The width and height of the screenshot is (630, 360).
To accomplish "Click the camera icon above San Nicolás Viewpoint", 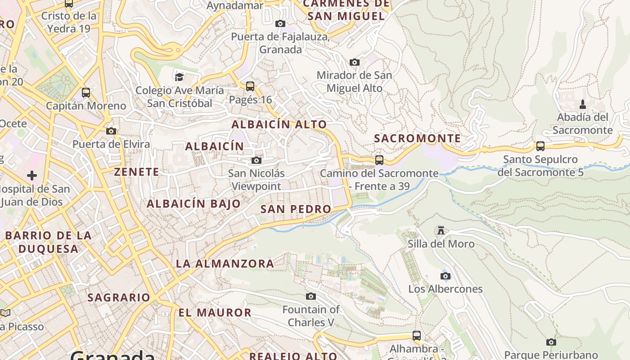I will coord(256,161).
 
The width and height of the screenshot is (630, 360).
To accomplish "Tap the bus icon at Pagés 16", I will coord(250,86).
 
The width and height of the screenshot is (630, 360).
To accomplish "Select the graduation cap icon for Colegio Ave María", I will coord(180,76).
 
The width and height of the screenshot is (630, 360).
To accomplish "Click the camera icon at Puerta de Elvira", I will coord(111,131).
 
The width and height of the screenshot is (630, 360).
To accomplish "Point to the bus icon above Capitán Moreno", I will coord(86,93).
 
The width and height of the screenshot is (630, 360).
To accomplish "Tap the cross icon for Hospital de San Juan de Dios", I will coord(31,175).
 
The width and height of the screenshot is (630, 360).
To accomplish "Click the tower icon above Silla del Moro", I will coord(441,230).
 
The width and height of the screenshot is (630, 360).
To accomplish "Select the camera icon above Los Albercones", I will coord(445,276).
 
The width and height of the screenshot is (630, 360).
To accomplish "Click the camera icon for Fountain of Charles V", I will coord(311,296).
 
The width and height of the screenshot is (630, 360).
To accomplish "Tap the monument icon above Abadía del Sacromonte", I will coord(583,104).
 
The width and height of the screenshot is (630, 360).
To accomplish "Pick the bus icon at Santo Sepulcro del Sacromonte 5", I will coord(540,146).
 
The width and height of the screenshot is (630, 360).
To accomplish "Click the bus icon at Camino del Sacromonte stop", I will coord(379,160).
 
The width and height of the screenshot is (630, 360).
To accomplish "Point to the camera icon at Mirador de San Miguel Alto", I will coord(355,62).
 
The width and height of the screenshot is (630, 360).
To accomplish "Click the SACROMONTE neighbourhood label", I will coord(418,138).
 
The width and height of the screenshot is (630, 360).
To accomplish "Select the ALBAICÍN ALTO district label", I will coord(279,125).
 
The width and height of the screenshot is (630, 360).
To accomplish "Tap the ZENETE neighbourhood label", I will coord(136,172).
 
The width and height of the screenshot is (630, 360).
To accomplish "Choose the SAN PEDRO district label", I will coord(296,209).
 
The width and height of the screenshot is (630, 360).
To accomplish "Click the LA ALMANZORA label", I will coord(225,264).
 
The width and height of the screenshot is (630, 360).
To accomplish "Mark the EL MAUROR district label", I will coord(215,312).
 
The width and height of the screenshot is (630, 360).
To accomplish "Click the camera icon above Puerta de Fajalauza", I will coord(280,23).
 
